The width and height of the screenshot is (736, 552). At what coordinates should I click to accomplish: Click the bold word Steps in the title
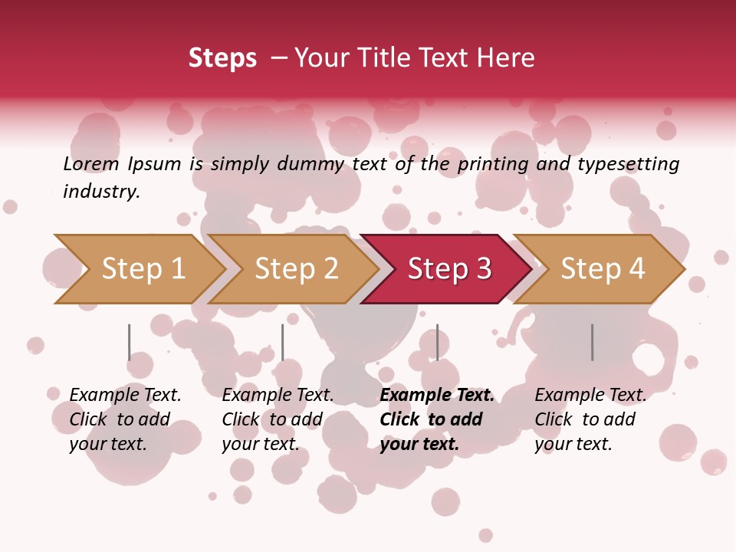tap(222, 58)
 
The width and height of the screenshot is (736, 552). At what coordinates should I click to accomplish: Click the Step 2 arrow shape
tap(295, 268)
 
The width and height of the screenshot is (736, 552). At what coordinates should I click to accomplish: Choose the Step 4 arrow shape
tap(602, 268)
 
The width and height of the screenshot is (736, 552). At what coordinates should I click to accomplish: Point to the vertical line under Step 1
tap(129, 342)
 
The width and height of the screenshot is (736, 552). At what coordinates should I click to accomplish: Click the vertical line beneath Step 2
tap(282, 342)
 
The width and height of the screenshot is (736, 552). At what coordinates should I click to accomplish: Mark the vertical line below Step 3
tap(437, 342)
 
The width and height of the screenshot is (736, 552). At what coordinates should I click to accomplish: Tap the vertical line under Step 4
tap(592, 342)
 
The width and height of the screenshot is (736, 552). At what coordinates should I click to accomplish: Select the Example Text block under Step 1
tap(125, 419)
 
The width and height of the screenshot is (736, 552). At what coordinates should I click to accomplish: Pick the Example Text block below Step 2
tap(278, 419)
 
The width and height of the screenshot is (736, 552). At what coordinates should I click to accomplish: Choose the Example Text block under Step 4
tap(590, 419)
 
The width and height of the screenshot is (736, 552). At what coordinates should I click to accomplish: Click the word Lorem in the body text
tap(91, 163)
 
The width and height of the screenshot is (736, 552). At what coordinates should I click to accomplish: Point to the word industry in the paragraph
tap(101, 192)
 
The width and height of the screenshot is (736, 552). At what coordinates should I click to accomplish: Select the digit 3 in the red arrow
tap(482, 268)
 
